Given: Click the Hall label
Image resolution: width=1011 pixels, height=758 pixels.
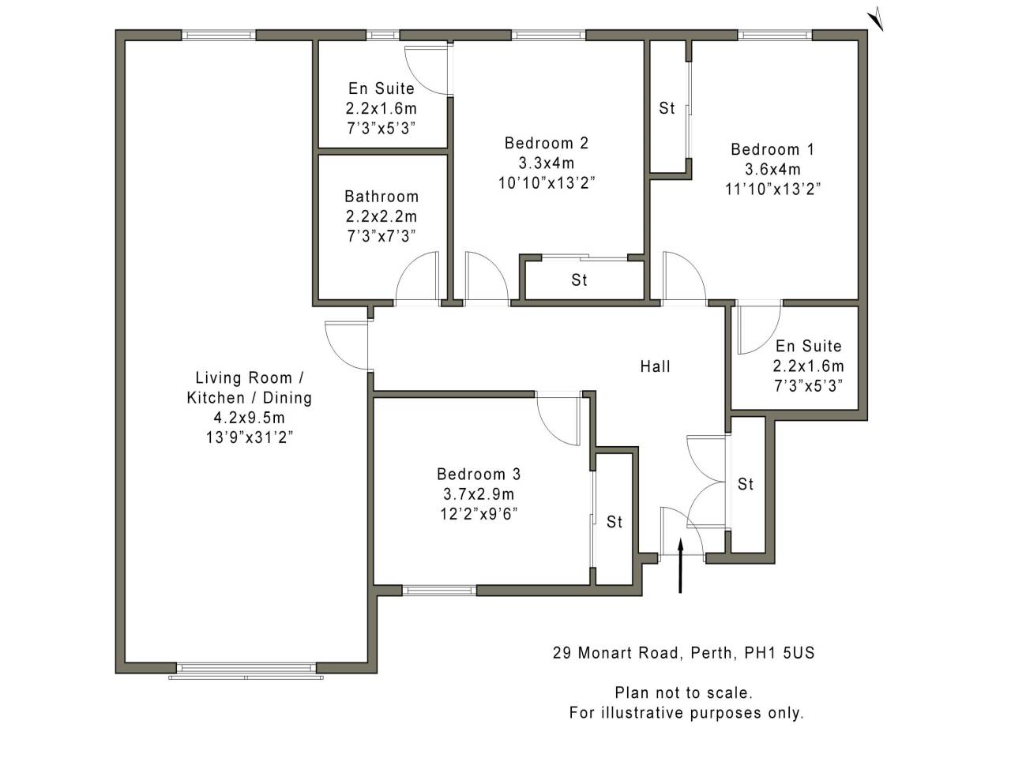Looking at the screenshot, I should point(655,366).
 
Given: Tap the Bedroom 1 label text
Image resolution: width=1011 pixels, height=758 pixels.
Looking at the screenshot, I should point(772,149).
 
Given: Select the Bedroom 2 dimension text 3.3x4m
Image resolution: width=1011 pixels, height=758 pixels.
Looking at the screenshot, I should point(546,163).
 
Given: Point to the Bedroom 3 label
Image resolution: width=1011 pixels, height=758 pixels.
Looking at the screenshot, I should point(478,475).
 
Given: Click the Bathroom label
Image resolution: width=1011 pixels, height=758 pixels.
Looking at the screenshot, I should point(381,197).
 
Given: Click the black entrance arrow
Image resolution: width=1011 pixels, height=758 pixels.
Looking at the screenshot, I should point(680,565).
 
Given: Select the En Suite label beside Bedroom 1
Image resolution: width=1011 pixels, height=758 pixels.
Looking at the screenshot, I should point(808,346).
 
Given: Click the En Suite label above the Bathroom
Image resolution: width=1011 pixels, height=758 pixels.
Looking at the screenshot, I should point(381,88).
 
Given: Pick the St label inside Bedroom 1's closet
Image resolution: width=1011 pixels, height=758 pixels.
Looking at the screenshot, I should point(667,108).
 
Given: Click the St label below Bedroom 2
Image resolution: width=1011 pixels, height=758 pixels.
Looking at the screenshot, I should point(580,280).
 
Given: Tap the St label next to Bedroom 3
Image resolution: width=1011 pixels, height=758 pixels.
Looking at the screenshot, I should point(614,522).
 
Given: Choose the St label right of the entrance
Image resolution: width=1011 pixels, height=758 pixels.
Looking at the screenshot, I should point(746,484).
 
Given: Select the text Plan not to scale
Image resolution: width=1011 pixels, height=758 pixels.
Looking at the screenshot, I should point(684,692).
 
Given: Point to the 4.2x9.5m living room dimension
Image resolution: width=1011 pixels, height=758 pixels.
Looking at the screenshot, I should point(250,418).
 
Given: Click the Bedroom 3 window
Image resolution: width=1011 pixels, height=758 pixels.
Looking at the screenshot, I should point(439,590).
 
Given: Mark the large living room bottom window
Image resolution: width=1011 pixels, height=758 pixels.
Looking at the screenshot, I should point(247,671).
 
